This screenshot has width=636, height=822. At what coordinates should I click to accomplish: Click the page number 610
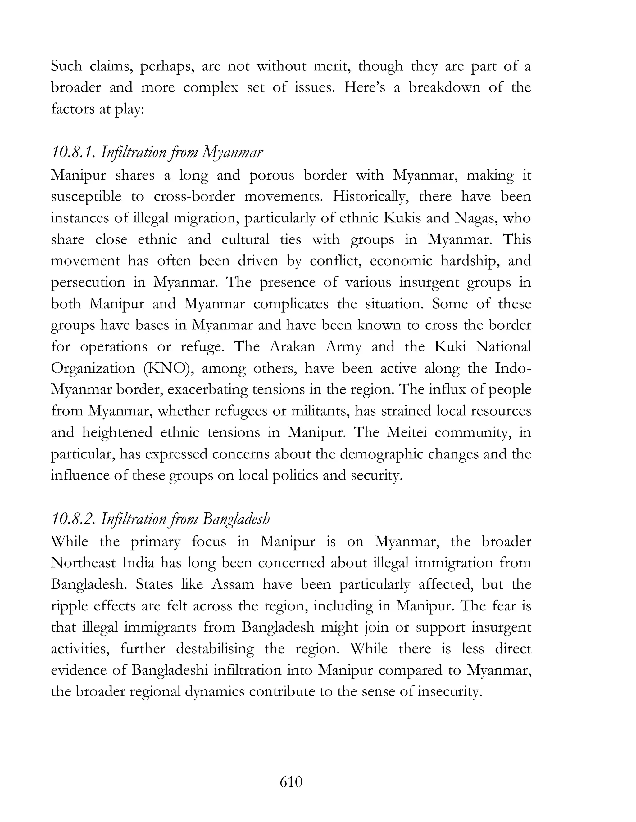pos(291,782)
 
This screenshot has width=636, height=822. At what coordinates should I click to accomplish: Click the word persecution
pos(88,282)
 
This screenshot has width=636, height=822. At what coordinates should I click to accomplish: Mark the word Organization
pos(93,368)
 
